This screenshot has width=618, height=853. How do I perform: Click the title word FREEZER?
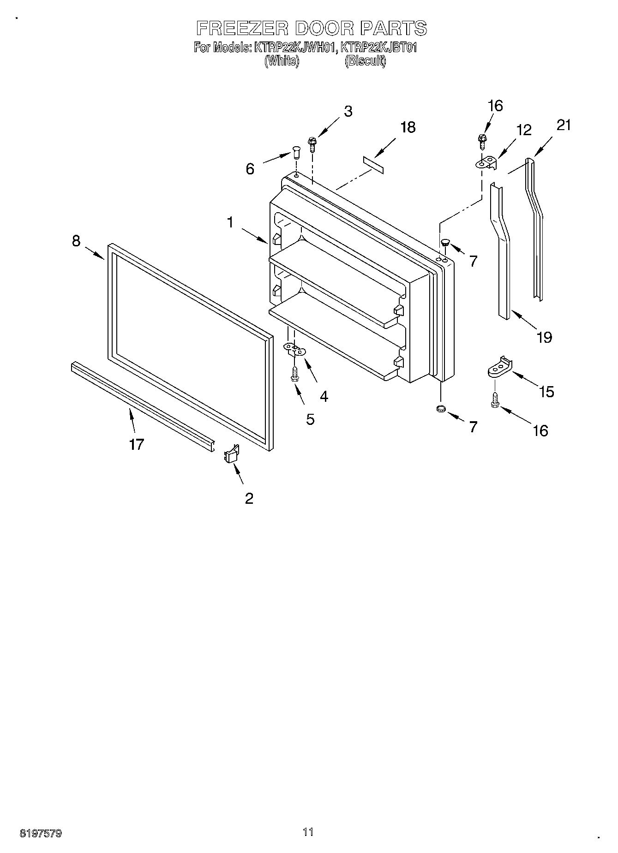point(242,29)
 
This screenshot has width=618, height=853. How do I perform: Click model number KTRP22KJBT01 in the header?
point(378,48)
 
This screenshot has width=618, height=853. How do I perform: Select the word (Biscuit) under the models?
point(365,61)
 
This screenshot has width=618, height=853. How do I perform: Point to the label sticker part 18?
point(373,165)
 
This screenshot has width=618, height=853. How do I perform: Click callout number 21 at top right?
point(563,125)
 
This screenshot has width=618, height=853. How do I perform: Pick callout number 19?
point(545,337)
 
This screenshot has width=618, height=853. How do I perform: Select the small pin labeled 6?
point(296,151)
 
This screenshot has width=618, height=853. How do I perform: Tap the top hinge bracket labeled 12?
point(487,163)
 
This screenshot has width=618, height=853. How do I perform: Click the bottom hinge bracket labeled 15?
point(500,367)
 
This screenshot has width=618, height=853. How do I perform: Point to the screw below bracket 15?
point(495,400)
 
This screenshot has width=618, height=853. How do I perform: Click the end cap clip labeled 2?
point(231,454)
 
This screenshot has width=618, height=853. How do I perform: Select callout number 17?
point(137,444)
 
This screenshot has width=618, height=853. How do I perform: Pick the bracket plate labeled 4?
point(294,350)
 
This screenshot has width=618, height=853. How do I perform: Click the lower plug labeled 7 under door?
point(441,409)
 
